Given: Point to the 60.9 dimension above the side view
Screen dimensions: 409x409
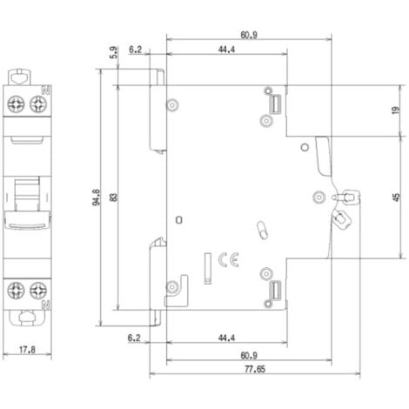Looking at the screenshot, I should tap(248, 36).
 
